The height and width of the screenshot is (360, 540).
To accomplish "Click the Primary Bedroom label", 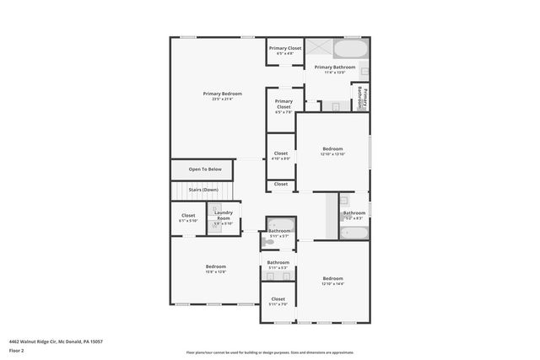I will click(222, 93).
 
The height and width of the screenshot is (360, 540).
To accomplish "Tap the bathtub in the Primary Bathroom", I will click(350, 50).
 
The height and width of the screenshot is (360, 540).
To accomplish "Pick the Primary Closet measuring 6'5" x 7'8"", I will click(283, 105).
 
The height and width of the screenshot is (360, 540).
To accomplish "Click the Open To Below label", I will click(205, 169).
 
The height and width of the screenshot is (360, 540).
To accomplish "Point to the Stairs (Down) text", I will click(203, 190).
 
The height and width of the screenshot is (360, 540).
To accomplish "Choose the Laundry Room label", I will click(224, 215).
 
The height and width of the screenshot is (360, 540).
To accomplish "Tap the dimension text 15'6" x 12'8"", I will click(215, 271).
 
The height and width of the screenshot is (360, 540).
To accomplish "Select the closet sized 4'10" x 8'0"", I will click(280, 155).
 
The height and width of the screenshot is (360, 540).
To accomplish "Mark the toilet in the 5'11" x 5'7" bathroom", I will click(270, 241).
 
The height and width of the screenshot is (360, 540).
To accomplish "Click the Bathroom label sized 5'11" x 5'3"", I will click(278, 262).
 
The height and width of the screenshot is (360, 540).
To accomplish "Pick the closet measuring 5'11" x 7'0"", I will click(278, 302).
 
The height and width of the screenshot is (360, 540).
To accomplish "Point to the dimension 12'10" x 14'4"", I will click(332, 283).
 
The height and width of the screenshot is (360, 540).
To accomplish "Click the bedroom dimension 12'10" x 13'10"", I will click(332, 154).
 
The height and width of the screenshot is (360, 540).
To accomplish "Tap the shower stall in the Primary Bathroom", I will click(318, 48).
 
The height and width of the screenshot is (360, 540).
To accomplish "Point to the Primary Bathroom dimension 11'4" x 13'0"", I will click(335, 73).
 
